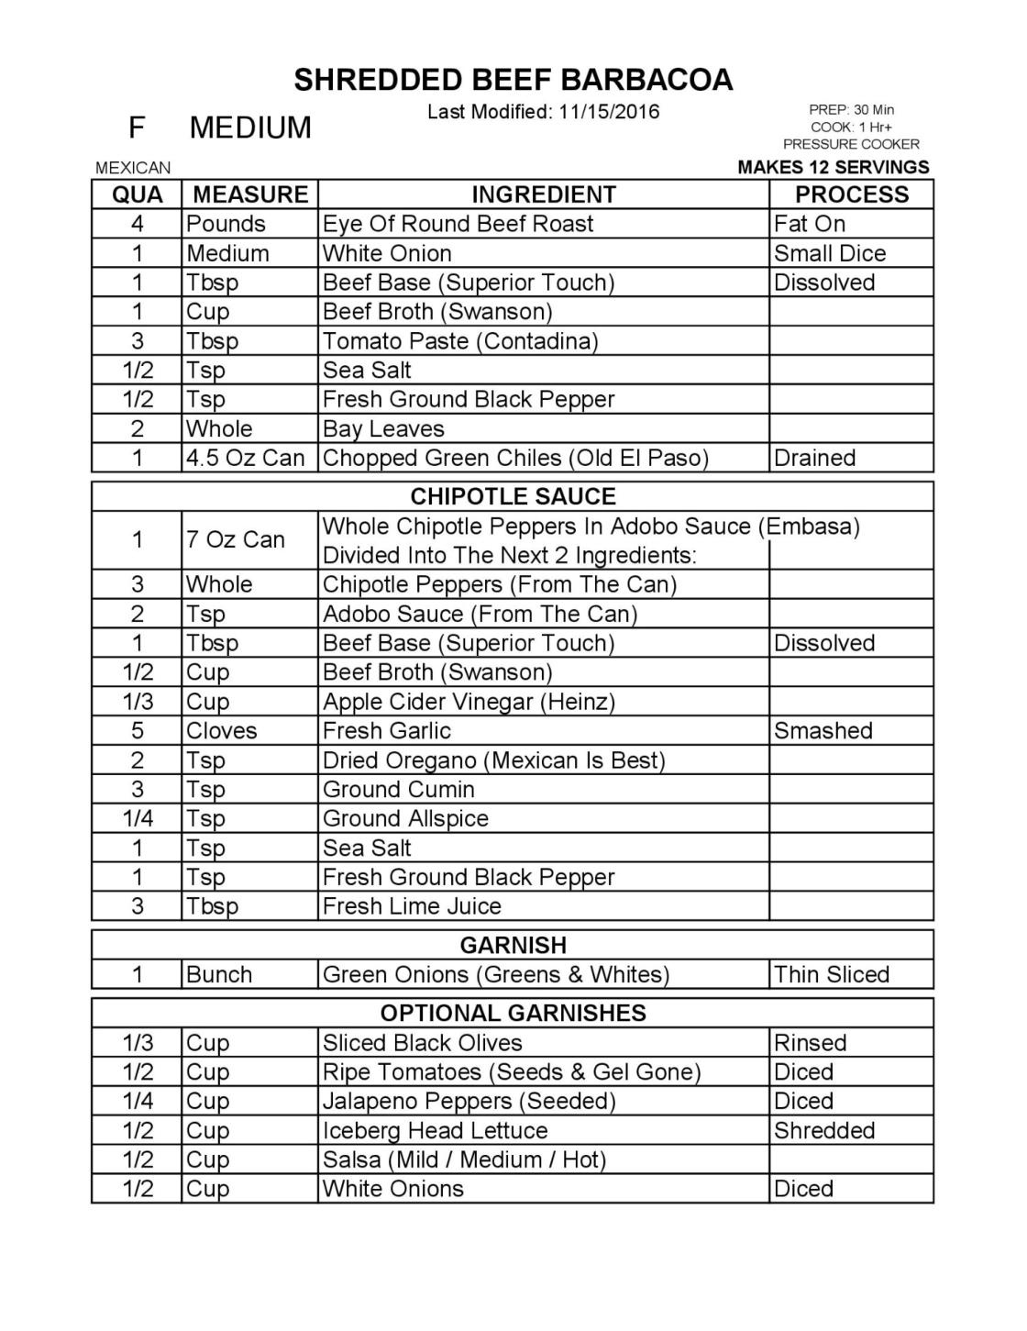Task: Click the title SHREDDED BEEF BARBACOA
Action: tap(513, 80)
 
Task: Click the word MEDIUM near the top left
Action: tap(250, 128)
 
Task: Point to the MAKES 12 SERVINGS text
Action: tap(833, 167)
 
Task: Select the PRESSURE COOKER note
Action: tap(851, 144)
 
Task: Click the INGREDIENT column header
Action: tap(544, 194)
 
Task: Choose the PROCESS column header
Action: tap(851, 194)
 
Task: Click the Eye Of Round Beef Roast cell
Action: tap(458, 224)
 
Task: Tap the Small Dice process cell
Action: tap(830, 253)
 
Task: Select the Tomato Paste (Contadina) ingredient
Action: tap(460, 341)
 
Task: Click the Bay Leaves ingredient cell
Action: tap(383, 428)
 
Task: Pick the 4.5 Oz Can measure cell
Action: tap(245, 458)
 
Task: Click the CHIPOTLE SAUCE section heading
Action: tap(513, 496)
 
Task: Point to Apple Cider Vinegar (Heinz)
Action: tap(469, 702)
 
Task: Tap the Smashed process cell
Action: tap(823, 731)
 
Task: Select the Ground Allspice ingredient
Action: tap(405, 818)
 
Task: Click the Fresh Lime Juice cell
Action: tap(412, 906)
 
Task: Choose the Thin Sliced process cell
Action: tap(831, 974)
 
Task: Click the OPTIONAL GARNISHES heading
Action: tap(513, 1013)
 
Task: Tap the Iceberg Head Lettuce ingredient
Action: tap(435, 1130)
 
